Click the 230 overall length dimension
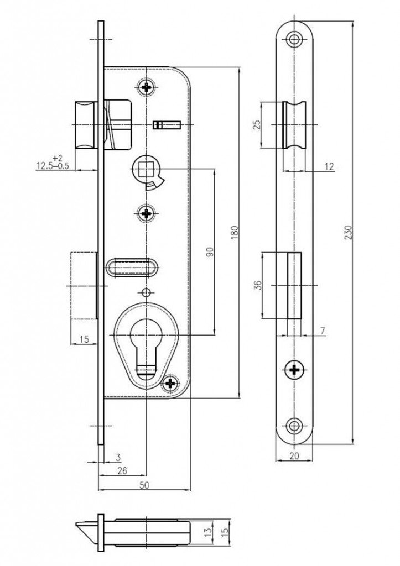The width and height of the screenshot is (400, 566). click(348, 233)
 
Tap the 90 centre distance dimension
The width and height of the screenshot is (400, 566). click(210, 252)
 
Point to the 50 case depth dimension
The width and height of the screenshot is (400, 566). click(144, 485)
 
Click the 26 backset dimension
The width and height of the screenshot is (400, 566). click(122, 470)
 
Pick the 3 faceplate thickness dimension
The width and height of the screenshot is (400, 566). click(118, 457)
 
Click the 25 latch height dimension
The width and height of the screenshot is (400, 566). click(257, 125)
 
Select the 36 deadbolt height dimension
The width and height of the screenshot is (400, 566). click(257, 286)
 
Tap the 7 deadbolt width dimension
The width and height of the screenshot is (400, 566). click(323, 331)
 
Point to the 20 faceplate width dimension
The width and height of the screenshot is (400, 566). click(294, 456)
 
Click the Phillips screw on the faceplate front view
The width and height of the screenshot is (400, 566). click(294, 370)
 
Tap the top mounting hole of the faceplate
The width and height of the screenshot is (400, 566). click(295, 39)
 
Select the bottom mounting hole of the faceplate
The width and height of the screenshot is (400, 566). click(294, 426)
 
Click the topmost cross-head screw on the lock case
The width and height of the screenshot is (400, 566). click(147, 87)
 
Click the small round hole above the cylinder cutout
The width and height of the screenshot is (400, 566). click(146, 292)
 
